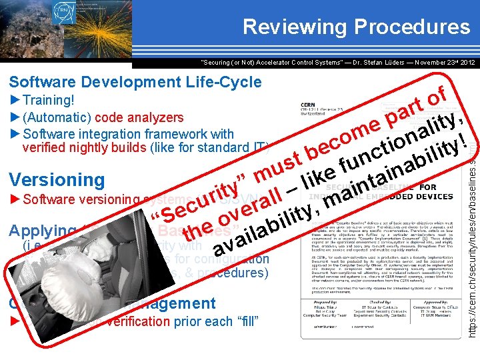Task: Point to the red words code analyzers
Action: [x=139, y=117]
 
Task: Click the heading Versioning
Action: [x=57, y=179]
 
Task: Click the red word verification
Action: [x=139, y=322]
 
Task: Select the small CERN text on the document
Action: [x=309, y=105]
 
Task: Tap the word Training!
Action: [x=48, y=100]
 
